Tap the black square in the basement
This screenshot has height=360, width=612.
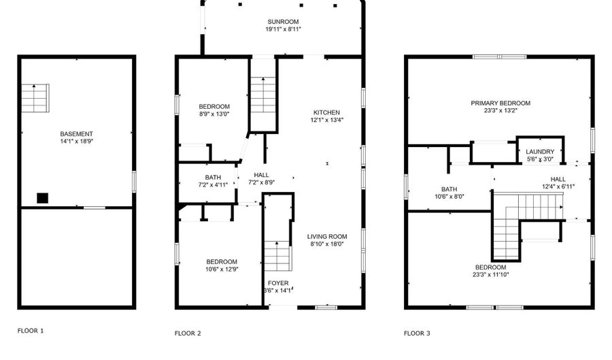[43, 198]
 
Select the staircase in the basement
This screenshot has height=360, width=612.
[35, 99]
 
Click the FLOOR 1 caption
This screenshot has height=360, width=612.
[31, 331]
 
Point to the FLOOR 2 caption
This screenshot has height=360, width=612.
[188, 333]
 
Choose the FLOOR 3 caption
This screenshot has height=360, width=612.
[417, 333]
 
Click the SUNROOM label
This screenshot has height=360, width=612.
[283, 22]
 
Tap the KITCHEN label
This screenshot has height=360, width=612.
[326, 112]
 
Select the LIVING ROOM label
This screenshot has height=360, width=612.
[326, 236]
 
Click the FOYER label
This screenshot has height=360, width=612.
[277, 282]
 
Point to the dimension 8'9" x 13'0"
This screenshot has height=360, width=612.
[214, 114]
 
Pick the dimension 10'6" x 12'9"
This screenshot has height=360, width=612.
[222, 269]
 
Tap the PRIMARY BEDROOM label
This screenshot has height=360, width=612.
[500, 103]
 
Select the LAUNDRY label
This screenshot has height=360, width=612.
[540, 152]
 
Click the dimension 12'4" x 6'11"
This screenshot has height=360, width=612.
[558, 186]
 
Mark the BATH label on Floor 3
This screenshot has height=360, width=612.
[449, 189]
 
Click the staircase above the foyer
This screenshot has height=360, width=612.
[277, 255]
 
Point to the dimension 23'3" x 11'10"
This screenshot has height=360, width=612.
[490, 275]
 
